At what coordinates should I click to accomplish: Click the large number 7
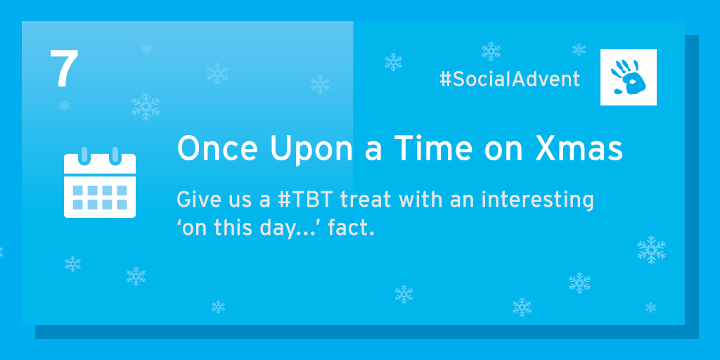click(x=64, y=69)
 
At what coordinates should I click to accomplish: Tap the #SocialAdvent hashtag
click(x=510, y=79)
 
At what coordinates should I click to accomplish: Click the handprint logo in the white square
click(x=628, y=77)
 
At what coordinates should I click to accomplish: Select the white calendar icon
click(x=100, y=183)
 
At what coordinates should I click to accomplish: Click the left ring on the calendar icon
click(x=84, y=156)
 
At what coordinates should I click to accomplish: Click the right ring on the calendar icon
click(x=115, y=156)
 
